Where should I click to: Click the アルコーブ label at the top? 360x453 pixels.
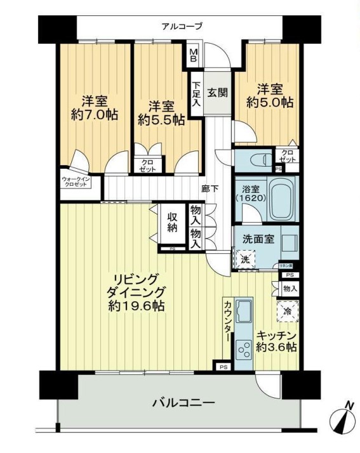click(x=182, y=26)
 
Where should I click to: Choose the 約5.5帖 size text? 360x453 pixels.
click(x=162, y=119)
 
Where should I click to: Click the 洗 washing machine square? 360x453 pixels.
click(x=244, y=259)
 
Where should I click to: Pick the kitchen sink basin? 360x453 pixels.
click(x=244, y=311)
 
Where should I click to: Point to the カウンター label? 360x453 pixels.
click(x=227, y=330)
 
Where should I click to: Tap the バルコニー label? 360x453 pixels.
click(x=183, y=402)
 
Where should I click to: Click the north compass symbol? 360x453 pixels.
click(x=343, y=419)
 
